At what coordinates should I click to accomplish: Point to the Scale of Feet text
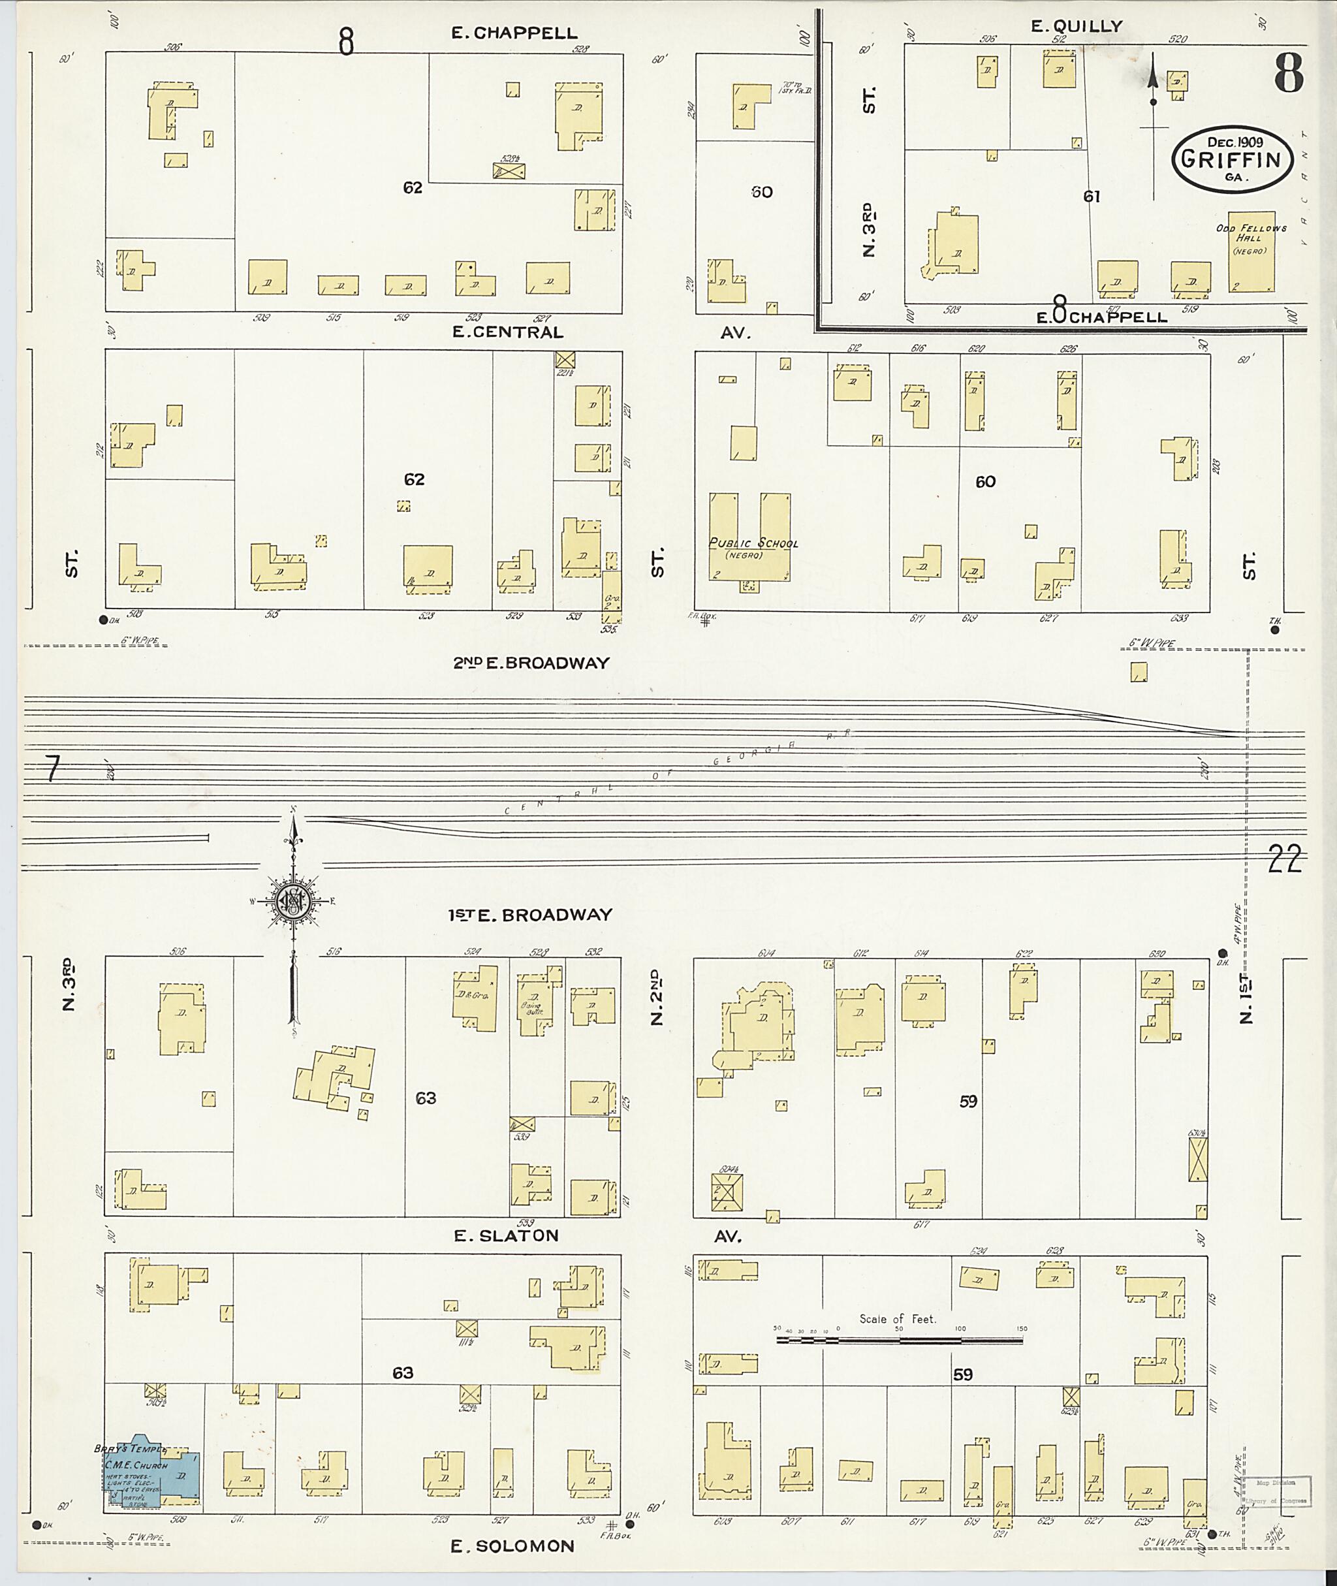click(898, 1319)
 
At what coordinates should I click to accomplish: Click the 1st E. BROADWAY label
click(529, 915)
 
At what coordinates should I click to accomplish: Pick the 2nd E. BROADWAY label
click(531, 663)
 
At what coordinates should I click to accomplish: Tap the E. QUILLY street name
click(1075, 25)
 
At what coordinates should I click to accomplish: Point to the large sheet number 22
click(1285, 860)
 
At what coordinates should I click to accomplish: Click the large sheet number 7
click(52, 770)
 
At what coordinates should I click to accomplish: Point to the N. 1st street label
click(1246, 998)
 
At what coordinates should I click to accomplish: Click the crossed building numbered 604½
click(726, 1192)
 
